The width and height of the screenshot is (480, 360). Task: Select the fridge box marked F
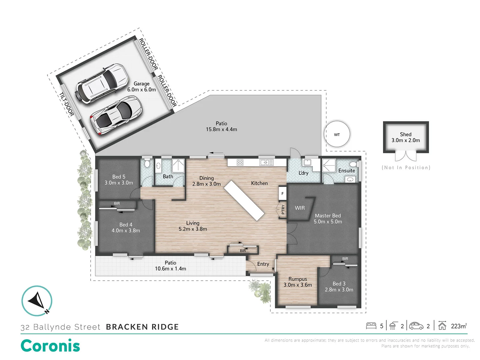click(x=282, y=193)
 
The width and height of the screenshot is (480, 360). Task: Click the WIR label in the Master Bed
click(x=300, y=208)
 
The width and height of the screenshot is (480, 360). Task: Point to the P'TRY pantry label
click(x=283, y=209)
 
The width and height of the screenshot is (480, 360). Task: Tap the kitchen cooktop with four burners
click(x=240, y=162)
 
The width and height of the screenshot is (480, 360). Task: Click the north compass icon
click(x=37, y=301)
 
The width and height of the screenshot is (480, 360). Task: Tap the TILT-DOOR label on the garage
click(x=66, y=104)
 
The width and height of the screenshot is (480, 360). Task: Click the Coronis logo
click(x=51, y=346)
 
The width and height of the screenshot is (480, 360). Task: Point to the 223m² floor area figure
click(x=459, y=326)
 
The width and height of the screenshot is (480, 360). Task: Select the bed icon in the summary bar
click(x=371, y=326)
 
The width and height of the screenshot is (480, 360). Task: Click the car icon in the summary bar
click(x=416, y=326)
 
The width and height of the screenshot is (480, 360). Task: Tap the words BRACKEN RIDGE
click(x=142, y=327)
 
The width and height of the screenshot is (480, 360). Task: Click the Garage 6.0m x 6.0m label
click(x=141, y=87)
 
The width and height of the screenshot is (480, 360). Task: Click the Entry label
click(x=263, y=264)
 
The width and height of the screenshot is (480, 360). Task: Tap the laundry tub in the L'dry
click(x=307, y=163)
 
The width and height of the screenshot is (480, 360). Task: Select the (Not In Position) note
click(x=406, y=168)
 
